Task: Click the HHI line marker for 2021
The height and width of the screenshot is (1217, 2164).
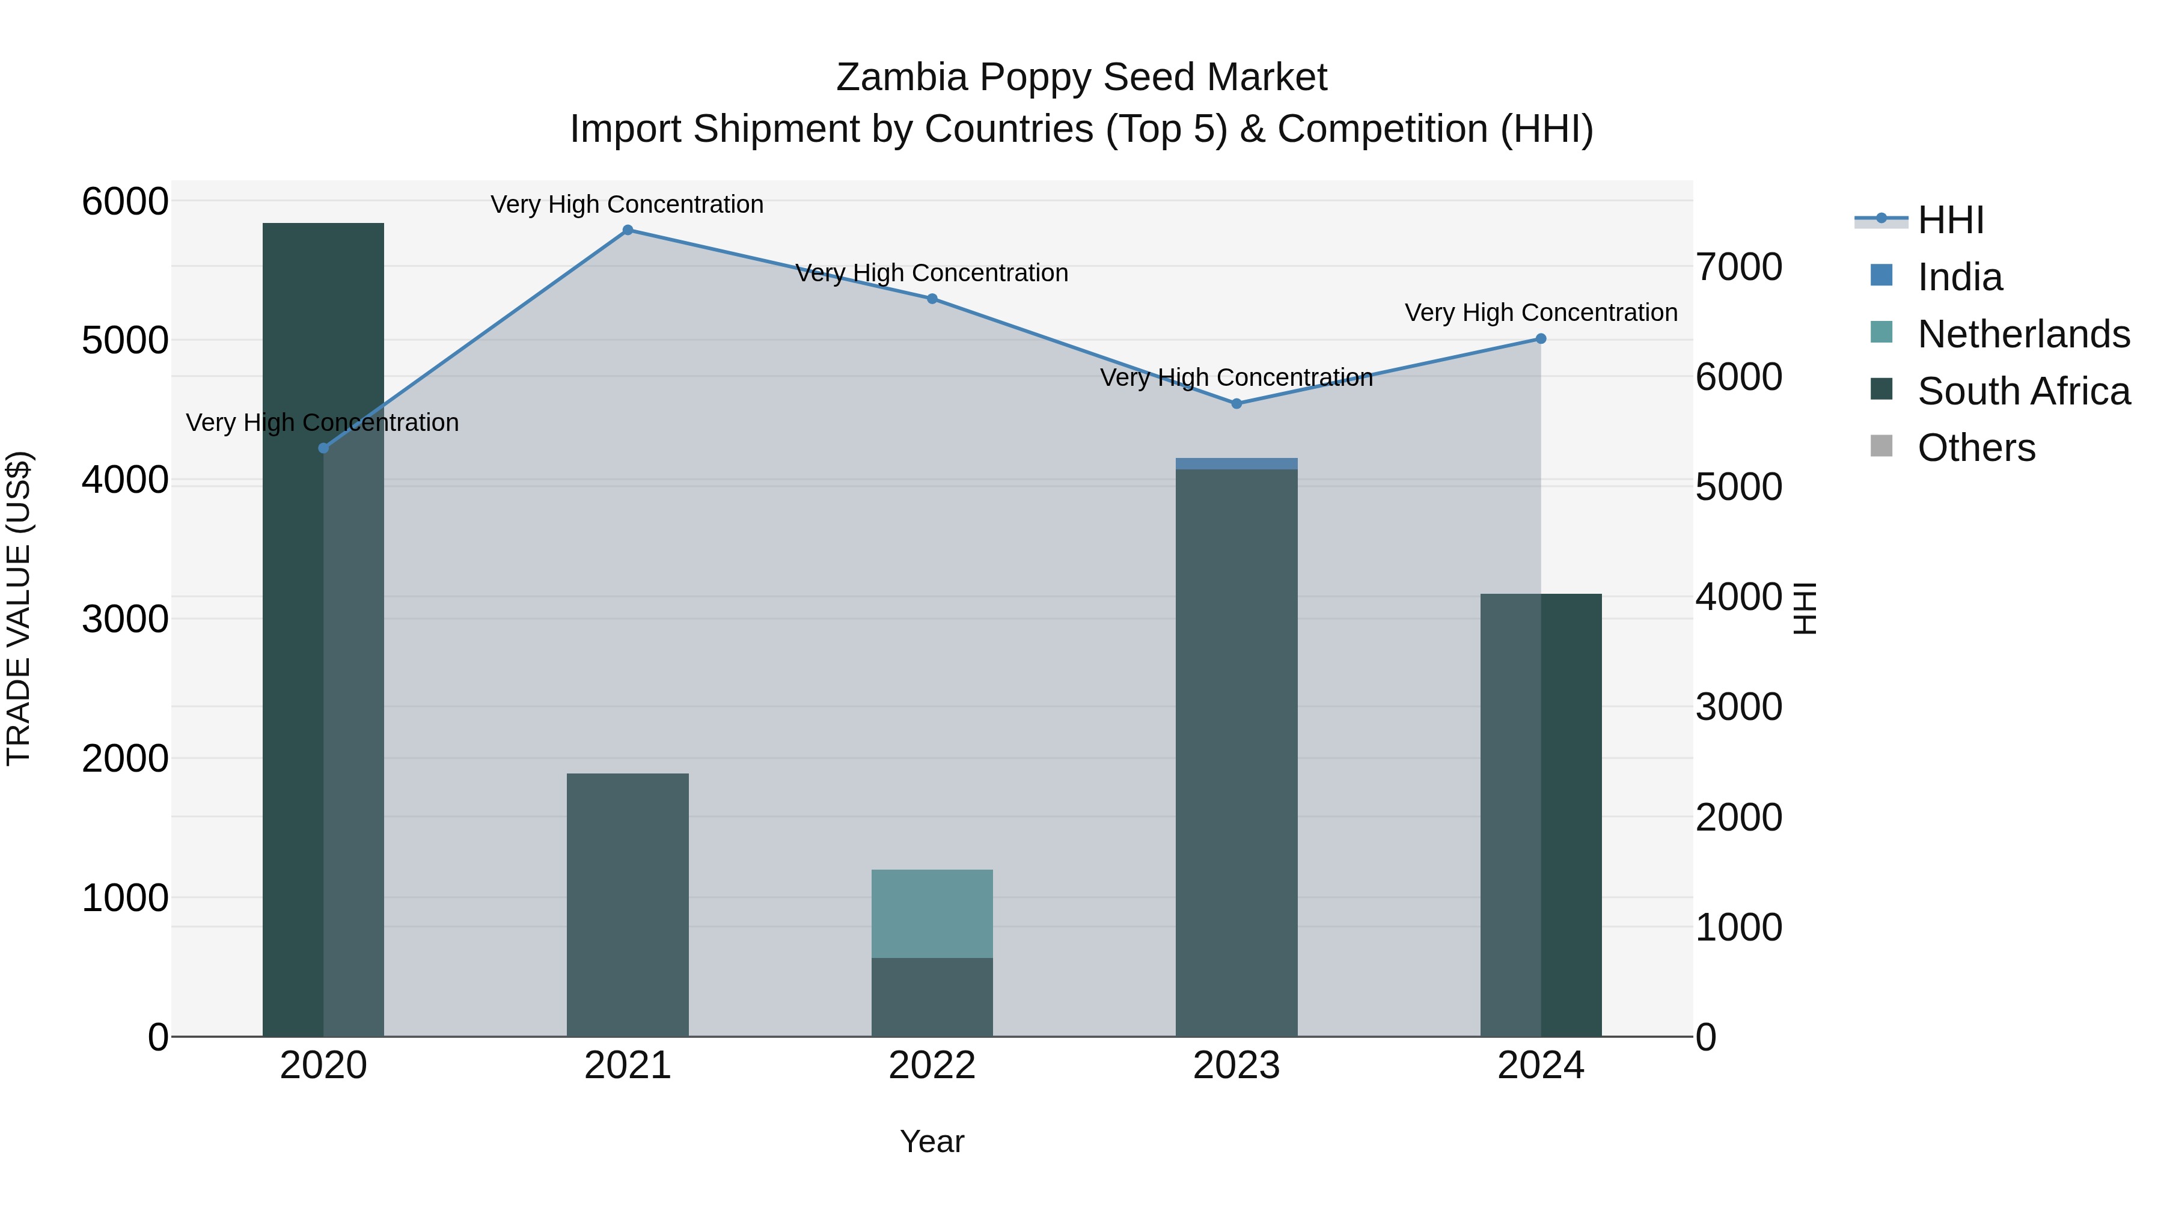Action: coord(628,230)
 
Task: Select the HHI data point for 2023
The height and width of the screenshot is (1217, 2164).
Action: coord(1236,404)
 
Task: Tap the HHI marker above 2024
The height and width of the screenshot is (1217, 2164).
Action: coord(1541,340)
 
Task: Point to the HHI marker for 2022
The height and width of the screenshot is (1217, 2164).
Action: coord(932,299)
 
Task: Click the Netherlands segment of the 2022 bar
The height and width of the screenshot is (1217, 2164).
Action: coord(932,914)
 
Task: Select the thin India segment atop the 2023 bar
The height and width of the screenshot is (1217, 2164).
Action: coord(1236,463)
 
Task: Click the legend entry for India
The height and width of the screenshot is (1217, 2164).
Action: coord(1959,277)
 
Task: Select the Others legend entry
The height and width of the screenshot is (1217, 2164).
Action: coord(1976,448)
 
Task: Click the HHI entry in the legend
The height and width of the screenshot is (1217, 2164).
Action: coord(1951,220)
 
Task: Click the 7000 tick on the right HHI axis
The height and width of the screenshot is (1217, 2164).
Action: coord(1738,267)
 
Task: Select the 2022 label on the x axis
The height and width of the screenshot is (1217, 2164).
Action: coord(932,1066)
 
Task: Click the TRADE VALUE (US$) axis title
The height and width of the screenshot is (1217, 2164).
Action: coord(19,608)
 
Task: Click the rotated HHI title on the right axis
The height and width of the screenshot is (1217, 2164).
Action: coord(1803,608)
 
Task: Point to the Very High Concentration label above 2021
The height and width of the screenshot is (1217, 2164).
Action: coord(627,205)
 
